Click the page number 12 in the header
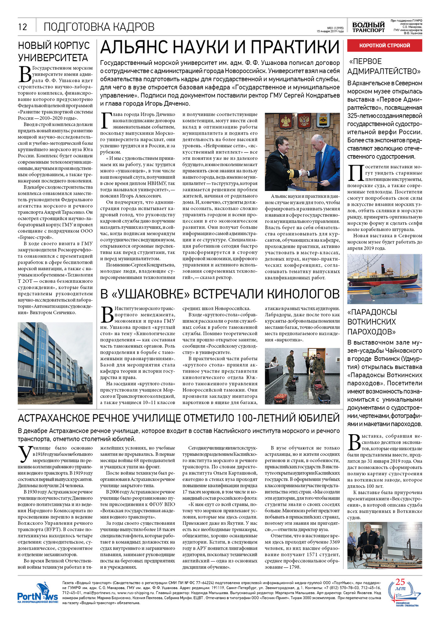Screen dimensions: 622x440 coord(22,27)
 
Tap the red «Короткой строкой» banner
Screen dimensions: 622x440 coord(384,45)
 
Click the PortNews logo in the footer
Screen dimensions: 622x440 coord(37,596)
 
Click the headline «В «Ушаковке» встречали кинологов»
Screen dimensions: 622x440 coord(220,294)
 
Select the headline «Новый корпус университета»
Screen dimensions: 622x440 coord(54,52)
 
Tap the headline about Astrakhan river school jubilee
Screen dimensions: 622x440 coord(179,418)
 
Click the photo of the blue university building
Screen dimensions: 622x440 coord(55,363)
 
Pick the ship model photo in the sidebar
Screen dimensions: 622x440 coord(384,279)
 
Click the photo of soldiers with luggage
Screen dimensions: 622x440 coord(302,376)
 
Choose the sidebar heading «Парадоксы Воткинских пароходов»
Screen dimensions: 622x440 coord(372,322)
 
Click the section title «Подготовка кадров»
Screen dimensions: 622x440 coord(99,27)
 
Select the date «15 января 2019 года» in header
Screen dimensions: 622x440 coord(330,31)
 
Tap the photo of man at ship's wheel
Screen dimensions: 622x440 coord(384,545)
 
